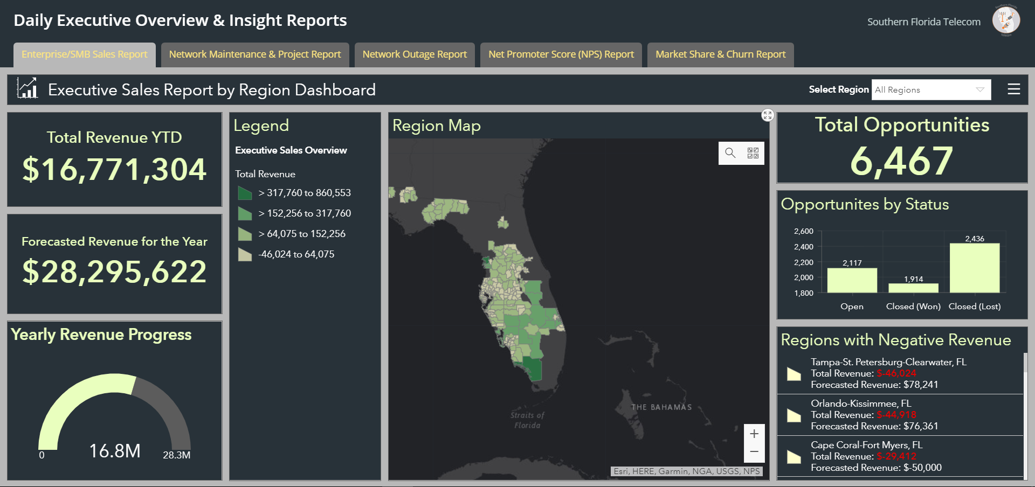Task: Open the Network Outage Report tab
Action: point(415,54)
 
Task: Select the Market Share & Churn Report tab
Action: point(720,54)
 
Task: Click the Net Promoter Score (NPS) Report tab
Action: point(561,54)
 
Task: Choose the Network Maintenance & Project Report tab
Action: point(255,54)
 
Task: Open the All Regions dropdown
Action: point(931,90)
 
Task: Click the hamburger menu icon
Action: point(1013,89)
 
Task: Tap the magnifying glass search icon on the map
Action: point(730,153)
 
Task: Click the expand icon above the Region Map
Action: point(768,115)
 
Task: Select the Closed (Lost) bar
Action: point(974,268)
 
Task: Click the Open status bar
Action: point(852,280)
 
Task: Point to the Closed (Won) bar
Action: point(913,288)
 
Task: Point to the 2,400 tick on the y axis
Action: point(803,247)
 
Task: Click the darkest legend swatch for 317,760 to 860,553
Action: point(245,193)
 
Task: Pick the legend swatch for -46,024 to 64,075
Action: point(245,254)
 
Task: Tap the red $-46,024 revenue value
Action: point(896,373)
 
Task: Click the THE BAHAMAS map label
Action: point(661,407)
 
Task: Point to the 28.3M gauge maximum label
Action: point(176,455)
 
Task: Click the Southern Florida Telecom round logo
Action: point(1006,20)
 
